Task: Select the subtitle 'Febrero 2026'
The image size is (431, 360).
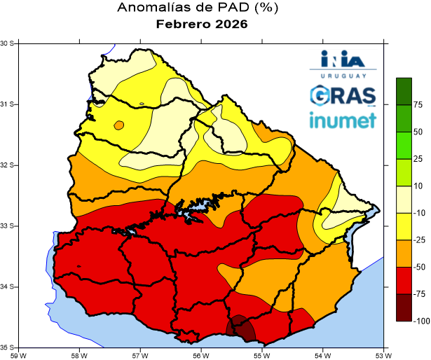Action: [202, 25]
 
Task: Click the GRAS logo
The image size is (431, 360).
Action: [343, 95]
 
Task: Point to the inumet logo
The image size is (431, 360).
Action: [343, 120]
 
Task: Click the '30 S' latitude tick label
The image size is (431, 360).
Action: [8, 43]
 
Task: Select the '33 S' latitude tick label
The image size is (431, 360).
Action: [8, 226]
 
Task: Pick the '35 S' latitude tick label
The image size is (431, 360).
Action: [8, 347]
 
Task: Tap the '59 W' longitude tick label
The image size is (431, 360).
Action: [18, 354]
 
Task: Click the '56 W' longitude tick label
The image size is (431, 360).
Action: [200, 354]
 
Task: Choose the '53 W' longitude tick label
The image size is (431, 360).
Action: [383, 354]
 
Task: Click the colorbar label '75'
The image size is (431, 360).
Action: [418, 105]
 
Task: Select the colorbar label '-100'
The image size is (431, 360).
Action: [420, 321]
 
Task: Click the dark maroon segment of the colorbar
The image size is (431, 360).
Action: [404, 307]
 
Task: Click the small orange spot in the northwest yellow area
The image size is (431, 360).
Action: [118, 125]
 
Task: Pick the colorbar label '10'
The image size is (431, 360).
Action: [418, 186]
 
